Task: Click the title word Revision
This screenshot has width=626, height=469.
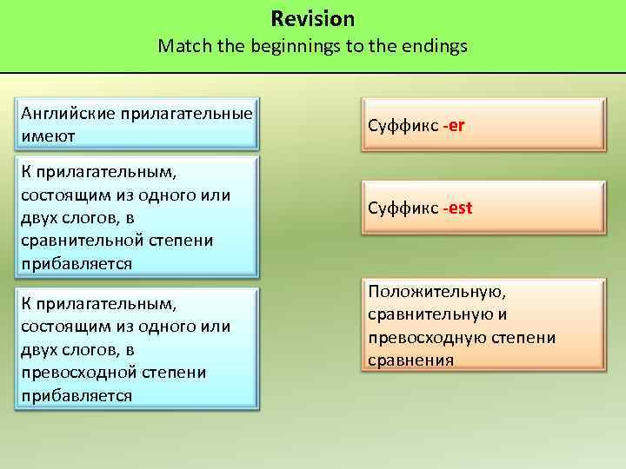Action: tap(312, 18)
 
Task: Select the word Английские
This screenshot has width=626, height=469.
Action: tap(69, 114)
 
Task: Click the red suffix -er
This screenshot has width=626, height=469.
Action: tap(454, 125)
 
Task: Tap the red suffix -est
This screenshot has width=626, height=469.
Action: tap(457, 208)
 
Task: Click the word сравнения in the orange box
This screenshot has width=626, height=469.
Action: tap(410, 360)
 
